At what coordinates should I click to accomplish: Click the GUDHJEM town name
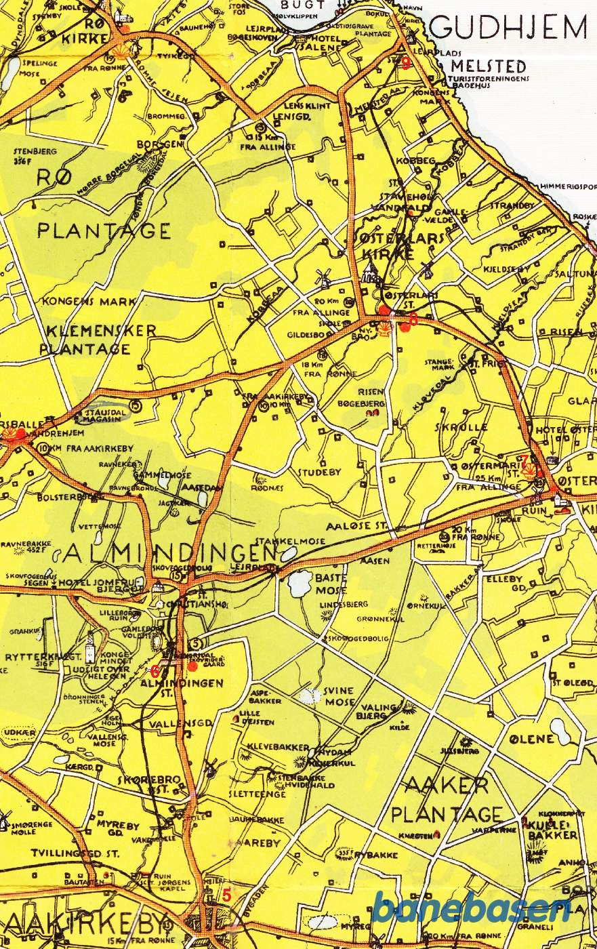tap(508, 28)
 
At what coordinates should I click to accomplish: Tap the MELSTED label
tap(489, 66)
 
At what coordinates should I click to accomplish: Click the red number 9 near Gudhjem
tap(406, 64)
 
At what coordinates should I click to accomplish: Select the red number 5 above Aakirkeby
tap(226, 895)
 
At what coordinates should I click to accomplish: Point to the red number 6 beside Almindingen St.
tap(155, 672)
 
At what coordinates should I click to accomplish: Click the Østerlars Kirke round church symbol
tap(370, 273)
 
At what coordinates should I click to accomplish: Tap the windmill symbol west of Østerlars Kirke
tap(323, 277)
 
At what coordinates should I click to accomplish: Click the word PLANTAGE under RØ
tap(104, 230)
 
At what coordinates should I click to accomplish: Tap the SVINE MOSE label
tap(338, 695)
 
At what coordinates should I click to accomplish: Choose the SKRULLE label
tap(463, 427)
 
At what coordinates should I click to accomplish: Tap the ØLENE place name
tap(527, 737)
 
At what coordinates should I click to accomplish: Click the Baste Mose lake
tap(299, 582)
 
